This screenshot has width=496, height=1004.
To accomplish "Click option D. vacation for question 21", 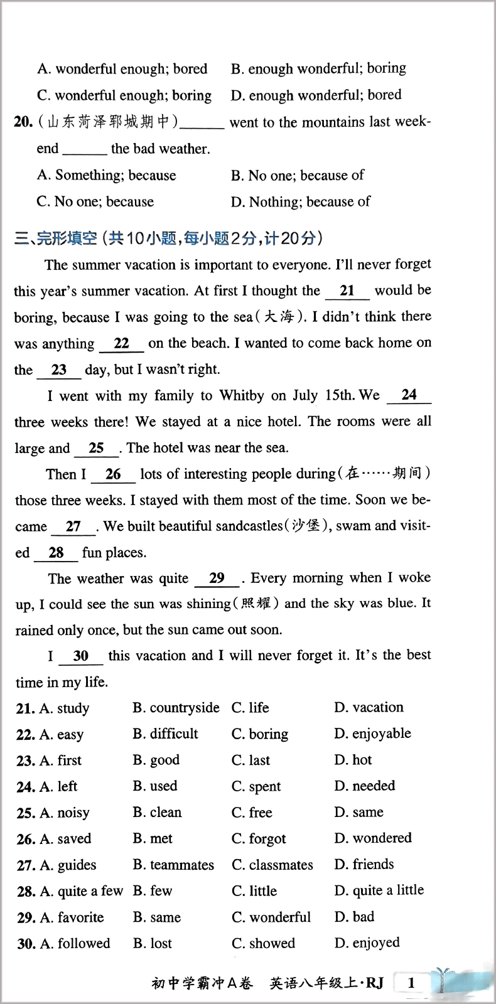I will [369, 708].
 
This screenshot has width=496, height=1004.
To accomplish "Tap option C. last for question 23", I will [251, 761].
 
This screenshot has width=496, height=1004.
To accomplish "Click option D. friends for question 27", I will [364, 865].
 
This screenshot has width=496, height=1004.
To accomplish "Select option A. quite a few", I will [81, 891].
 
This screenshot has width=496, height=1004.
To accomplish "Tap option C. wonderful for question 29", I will [271, 917].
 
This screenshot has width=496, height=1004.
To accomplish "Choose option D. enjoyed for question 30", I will [367, 943].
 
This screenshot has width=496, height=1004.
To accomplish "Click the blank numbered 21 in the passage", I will [347, 291].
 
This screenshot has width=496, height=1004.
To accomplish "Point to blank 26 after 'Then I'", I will [113, 475].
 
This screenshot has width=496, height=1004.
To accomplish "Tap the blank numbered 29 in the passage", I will [217, 579].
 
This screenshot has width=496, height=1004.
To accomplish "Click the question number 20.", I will [23, 122].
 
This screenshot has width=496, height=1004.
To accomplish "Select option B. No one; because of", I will [298, 176].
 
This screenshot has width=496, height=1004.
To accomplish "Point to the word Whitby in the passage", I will [242, 395].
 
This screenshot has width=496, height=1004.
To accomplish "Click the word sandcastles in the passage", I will [249, 526].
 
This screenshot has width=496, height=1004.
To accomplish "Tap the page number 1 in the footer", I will [411, 983].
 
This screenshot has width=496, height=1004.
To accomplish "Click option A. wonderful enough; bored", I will [122, 69].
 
